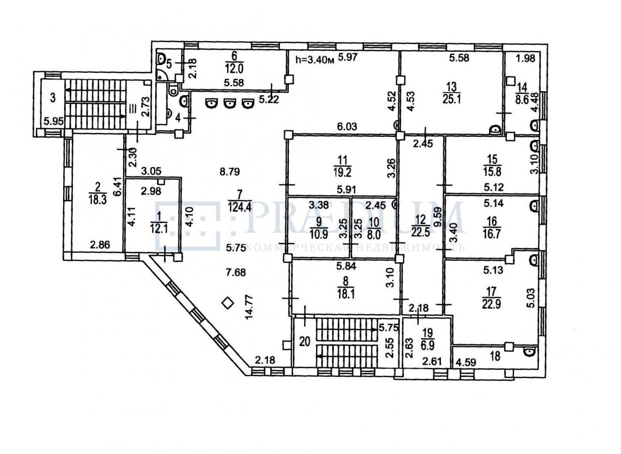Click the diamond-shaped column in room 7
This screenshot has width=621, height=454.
(x=227, y=304)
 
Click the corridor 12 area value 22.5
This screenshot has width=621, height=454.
(x=420, y=230)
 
